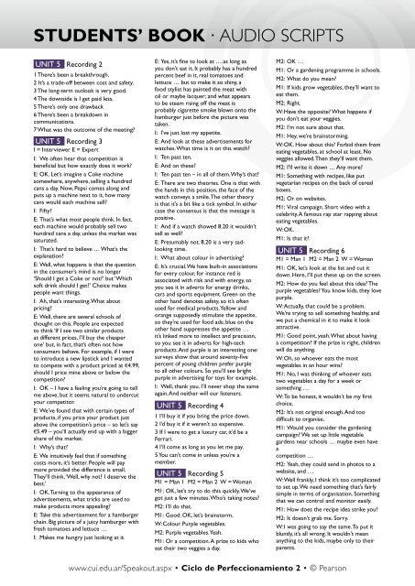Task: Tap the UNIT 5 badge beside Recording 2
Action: coord(30,56)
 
